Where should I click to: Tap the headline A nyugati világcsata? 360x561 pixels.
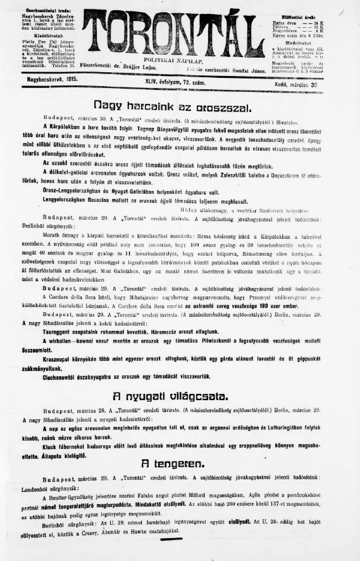[170, 397]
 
